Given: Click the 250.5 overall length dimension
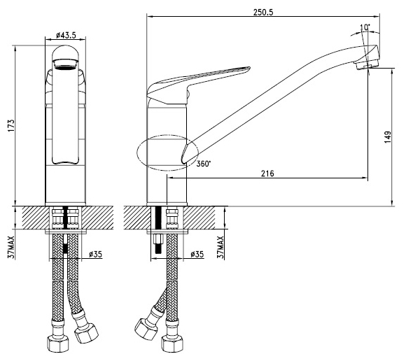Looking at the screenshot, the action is [x=263, y=12].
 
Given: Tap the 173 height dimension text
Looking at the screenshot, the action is [x=11, y=126].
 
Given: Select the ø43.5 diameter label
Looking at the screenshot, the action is [x=66, y=35].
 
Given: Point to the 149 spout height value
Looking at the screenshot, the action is [x=387, y=137].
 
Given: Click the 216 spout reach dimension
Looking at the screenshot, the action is [x=267, y=174].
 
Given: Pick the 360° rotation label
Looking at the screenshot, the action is [x=204, y=164].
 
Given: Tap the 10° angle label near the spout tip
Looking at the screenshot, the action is [x=365, y=27].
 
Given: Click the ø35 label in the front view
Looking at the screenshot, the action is [x=95, y=255].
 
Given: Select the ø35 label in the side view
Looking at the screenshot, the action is [x=197, y=255].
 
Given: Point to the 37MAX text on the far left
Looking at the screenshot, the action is [x=11, y=248].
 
